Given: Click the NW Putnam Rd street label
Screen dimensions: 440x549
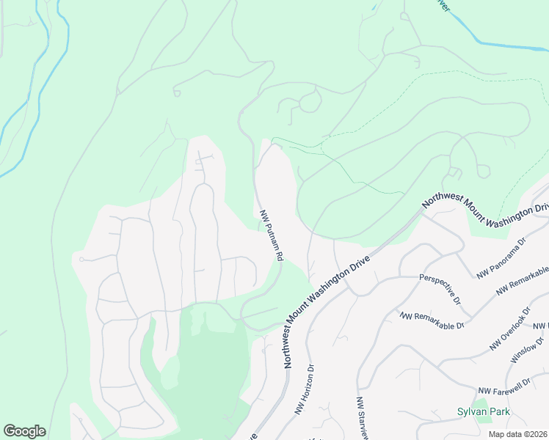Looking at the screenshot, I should click(272, 236).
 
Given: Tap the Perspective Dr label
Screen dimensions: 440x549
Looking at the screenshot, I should click(440, 289).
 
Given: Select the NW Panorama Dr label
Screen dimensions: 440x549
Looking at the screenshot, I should click(502, 257).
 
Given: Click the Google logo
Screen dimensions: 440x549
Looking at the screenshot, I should click(24, 431).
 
